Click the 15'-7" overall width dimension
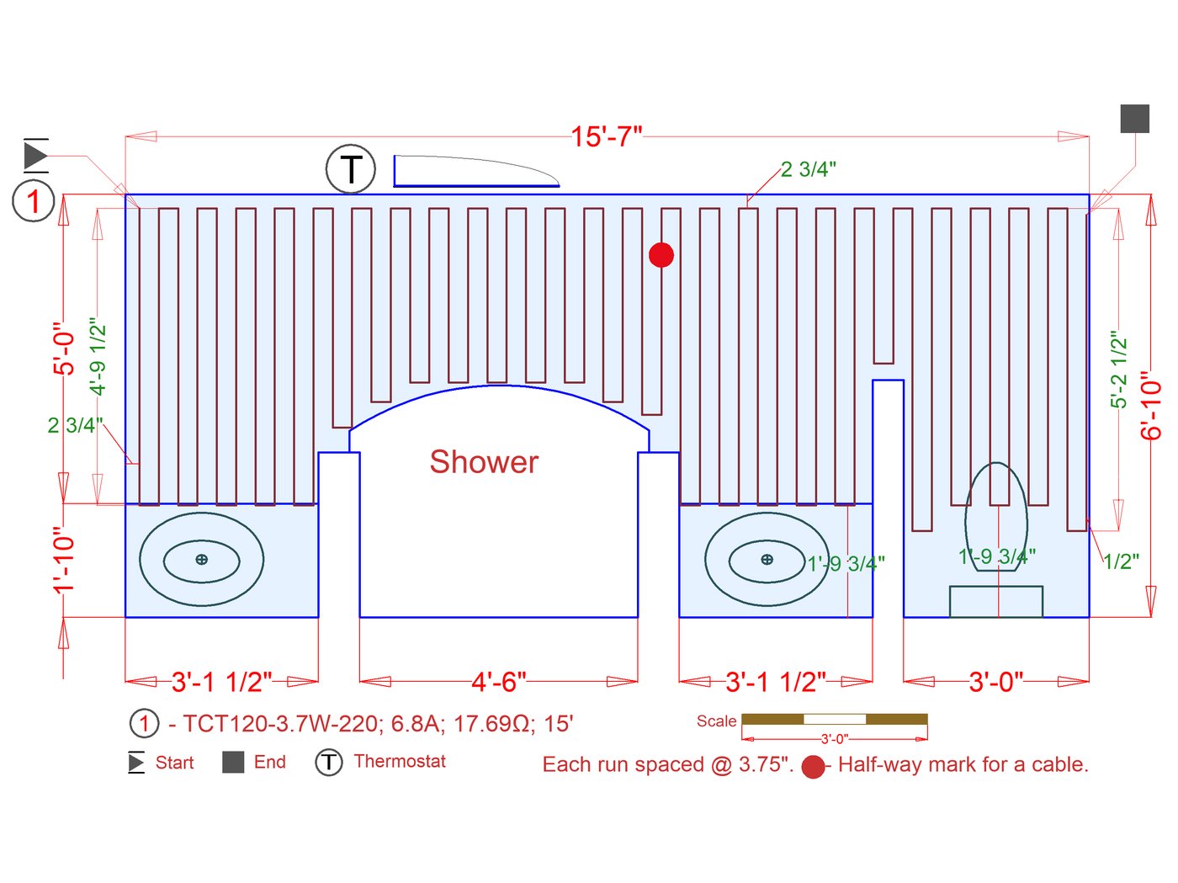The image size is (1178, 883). (x=606, y=136)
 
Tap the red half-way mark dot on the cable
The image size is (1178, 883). (x=661, y=254)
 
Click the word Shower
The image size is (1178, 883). (x=484, y=462)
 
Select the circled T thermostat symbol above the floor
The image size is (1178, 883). (x=350, y=169)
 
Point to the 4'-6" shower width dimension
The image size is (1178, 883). (x=499, y=681)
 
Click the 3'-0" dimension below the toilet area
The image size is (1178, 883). (x=996, y=681)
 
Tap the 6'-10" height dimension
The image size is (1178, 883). (x=1150, y=406)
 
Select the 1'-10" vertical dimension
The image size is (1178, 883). (x=65, y=561)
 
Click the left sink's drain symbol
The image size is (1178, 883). (x=201, y=559)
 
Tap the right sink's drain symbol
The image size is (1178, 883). (x=767, y=559)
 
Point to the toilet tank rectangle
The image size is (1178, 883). (x=996, y=601)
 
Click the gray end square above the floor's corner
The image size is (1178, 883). (x=1134, y=119)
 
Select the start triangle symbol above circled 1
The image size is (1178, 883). (x=35, y=156)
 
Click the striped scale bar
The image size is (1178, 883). (x=834, y=719)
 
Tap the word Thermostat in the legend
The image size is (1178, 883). (x=400, y=761)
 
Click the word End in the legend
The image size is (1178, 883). (x=269, y=762)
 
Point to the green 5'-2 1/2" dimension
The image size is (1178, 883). (x=1117, y=370)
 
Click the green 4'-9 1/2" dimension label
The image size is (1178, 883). (x=98, y=356)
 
